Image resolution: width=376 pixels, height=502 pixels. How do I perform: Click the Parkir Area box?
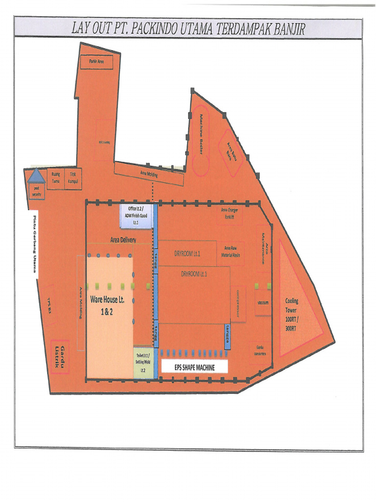click(96, 62)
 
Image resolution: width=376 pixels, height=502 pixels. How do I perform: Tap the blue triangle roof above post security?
click(36, 176)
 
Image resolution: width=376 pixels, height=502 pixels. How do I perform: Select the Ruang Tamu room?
click(55, 177)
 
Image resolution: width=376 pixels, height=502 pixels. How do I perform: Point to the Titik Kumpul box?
click(72, 177)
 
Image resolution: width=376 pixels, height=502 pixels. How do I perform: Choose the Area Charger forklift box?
click(230, 214)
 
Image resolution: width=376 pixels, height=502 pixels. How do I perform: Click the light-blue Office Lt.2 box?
click(137, 216)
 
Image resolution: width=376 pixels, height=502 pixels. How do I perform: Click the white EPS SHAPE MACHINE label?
click(195, 366)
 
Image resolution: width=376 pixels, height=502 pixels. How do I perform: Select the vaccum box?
click(262, 302)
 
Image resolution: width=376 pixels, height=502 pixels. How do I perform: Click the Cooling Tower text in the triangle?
click(292, 314)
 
